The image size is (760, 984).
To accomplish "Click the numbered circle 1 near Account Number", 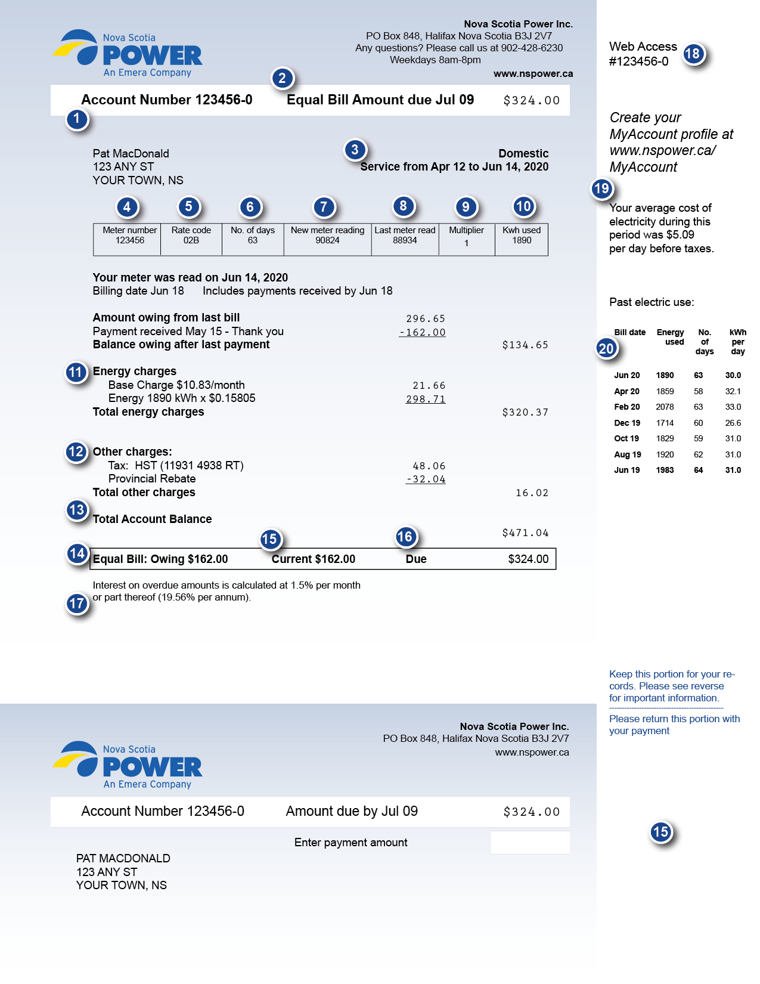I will click(x=77, y=119).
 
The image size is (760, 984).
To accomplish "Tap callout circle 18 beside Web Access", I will click(x=692, y=54).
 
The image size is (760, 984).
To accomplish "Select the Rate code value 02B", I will click(x=191, y=240).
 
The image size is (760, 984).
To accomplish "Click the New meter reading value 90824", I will click(x=327, y=240).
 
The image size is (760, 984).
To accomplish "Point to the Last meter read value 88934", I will click(x=405, y=240).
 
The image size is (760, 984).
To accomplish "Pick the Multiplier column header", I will click(x=466, y=230).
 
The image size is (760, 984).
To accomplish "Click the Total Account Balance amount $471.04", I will click(x=525, y=533).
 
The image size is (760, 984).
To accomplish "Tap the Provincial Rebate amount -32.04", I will click(x=426, y=479).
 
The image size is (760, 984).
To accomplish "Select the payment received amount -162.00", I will click(x=423, y=332).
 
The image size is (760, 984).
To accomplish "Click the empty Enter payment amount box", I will click(x=529, y=843).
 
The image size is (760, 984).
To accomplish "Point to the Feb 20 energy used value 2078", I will click(x=665, y=407).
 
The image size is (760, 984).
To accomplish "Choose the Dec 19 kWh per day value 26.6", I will click(x=733, y=423).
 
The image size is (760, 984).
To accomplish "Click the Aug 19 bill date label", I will click(x=628, y=454).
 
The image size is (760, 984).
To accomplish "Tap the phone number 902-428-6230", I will click(x=532, y=48).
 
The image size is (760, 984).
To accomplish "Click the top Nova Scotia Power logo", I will click(x=129, y=54).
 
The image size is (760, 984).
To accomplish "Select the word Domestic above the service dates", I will click(x=523, y=153).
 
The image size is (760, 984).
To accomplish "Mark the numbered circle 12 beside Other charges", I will click(x=76, y=451).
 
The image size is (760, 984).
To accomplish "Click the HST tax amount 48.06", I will click(x=429, y=466).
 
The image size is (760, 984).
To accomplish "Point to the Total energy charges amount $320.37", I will click(x=525, y=412).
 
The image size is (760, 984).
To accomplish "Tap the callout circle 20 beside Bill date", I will click(x=606, y=349).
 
